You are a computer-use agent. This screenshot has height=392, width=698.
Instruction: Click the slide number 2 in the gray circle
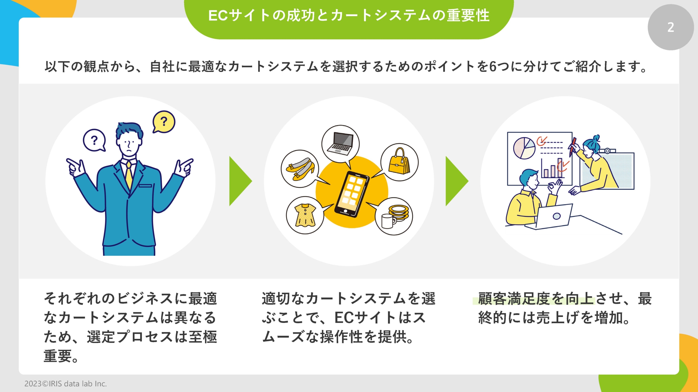pos(670,27)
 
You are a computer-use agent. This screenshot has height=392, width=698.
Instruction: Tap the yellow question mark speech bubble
pos(164,121)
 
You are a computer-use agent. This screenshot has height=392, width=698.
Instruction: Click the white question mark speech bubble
pos(94,140)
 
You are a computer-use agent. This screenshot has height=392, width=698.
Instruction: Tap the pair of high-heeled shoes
pos(300,169)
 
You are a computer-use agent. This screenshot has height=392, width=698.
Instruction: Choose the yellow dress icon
pos(305,215)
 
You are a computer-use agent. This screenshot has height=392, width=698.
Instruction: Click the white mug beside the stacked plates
pos(387,221)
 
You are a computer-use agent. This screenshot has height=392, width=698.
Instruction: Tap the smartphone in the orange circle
pos(352,194)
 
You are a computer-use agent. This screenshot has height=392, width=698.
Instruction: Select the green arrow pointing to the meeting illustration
pos(456,181)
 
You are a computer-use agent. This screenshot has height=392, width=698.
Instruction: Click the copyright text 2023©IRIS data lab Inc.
pos(65,384)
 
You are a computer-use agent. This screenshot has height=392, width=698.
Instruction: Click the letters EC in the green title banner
pos(218,16)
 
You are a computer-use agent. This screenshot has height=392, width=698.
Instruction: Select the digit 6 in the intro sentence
pos(493,67)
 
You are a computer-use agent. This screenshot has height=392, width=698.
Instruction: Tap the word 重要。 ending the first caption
pos(61,356)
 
